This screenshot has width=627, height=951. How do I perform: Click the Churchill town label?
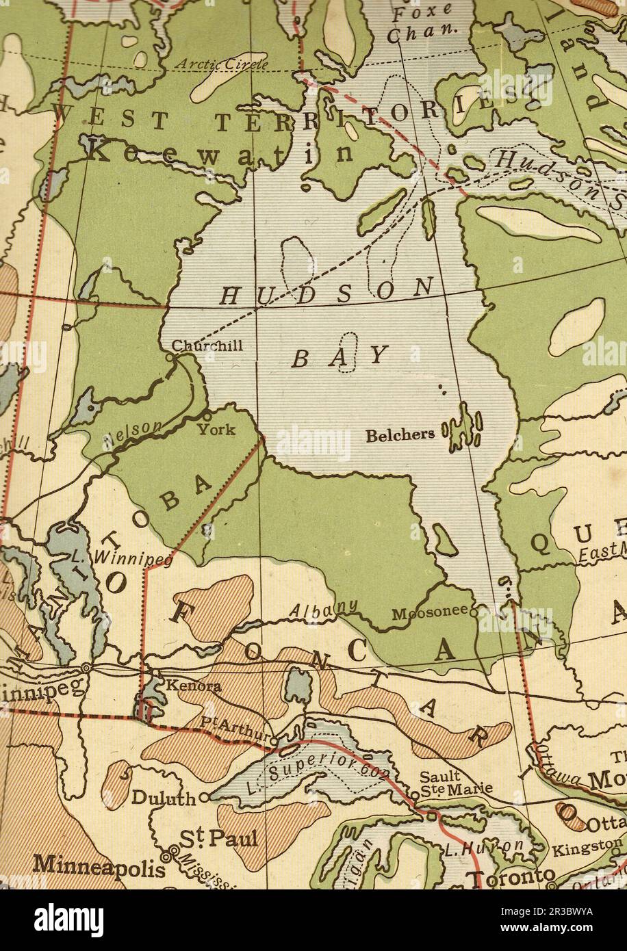click(x=207, y=346)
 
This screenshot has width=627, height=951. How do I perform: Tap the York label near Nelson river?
click(x=216, y=430)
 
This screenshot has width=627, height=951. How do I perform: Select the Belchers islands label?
click(x=400, y=435)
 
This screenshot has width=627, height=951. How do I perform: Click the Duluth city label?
click(x=164, y=798)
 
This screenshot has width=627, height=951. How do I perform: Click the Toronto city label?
click(x=511, y=877)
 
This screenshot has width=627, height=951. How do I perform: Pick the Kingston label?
click(x=587, y=848)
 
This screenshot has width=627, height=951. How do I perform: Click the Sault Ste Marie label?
click(x=455, y=783)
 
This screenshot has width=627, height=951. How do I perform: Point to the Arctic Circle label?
click(x=222, y=65)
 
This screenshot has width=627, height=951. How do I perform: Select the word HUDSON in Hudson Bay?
click(x=327, y=292)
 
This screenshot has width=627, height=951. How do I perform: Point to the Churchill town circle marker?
click(x=170, y=357)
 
